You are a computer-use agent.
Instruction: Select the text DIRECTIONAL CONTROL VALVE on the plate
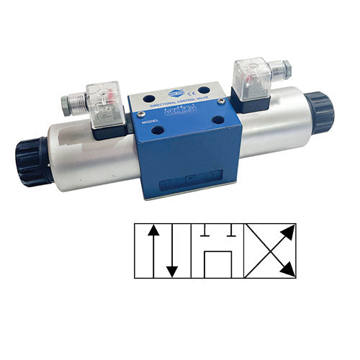(x=177, y=106)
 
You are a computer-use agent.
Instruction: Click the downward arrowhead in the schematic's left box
(x=171, y=271)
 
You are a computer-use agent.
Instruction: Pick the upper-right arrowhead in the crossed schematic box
(x=289, y=230)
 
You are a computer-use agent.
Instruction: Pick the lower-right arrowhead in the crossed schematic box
(x=289, y=269)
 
